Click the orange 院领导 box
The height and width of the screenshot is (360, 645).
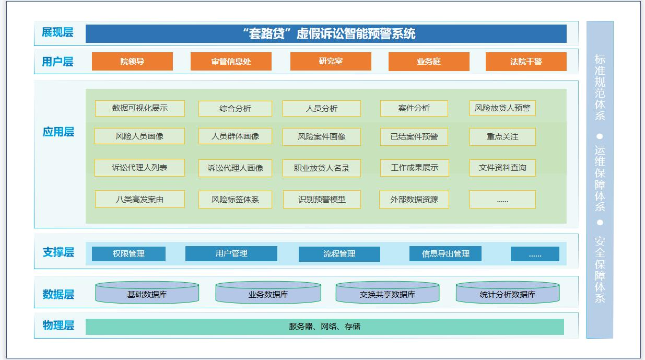[x=132, y=61]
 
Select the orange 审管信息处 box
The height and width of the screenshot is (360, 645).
[x=231, y=61]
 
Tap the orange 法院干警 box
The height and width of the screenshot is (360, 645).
[x=526, y=61]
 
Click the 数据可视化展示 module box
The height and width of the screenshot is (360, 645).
[x=139, y=108]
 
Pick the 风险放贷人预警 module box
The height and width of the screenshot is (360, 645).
[x=502, y=108]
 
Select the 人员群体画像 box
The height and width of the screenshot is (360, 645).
[x=235, y=136]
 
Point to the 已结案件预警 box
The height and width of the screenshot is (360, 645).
[x=414, y=137]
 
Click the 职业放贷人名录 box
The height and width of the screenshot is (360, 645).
[x=322, y=168]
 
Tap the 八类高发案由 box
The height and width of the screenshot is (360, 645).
[x=139, y=199]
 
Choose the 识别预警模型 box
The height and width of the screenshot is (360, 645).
[x=322, y=199]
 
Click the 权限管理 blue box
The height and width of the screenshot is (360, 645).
[x=128, y=254]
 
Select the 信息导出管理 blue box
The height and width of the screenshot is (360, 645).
[x=445, y=254]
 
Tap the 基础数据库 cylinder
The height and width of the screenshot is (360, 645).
[x=147, y=293]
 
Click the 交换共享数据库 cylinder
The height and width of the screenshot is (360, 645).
[x=388, y=293]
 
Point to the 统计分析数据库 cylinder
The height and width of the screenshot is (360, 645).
[x=508, y=293]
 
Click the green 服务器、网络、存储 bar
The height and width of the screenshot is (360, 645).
[x=325, y=327]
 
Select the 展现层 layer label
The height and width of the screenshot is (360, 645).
[x=57, y=32]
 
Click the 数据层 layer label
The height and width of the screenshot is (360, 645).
[x=58, y=294]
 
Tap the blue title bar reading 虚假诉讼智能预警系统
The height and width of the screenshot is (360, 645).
[x=326, y=33]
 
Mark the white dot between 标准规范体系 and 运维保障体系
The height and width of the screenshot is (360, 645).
[x=600, y=136]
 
